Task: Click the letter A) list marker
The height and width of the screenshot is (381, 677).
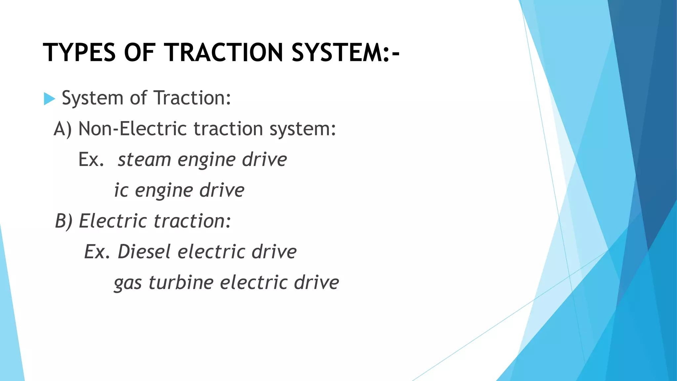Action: [x=62, y=129]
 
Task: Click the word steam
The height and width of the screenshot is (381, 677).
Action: [x=144, y=160]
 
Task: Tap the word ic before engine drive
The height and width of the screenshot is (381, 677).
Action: [x=121, y=190]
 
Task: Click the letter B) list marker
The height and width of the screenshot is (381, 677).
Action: [x=63, y=221]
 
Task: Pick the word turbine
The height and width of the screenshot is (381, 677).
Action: [x=181, y=283]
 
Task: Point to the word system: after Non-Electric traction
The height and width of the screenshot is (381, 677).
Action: [x=302, y=129]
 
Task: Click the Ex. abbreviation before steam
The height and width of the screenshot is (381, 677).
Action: [x=91, y=160]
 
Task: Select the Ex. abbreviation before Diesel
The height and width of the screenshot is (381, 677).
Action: [x=97, y=252]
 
